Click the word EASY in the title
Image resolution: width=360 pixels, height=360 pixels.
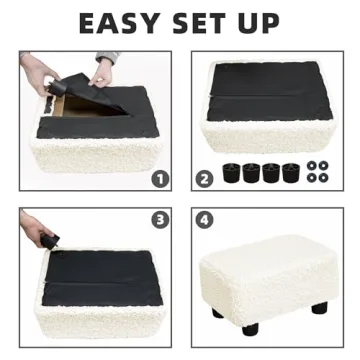click(118, 22)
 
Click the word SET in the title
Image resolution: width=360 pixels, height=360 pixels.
click(210, 22)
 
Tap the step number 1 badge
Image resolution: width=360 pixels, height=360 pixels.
click(158, 178)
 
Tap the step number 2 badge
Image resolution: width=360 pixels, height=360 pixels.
click(205, 178)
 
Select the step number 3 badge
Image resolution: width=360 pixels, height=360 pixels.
click(158, 220)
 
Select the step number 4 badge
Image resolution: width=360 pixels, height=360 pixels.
click(204, 220)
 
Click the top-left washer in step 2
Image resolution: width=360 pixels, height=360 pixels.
click(311, 165)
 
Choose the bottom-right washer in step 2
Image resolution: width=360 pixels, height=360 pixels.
click(323, 177)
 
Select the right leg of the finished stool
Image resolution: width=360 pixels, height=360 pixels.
click(319, 308)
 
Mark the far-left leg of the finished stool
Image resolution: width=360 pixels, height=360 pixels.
click(217, 313)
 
